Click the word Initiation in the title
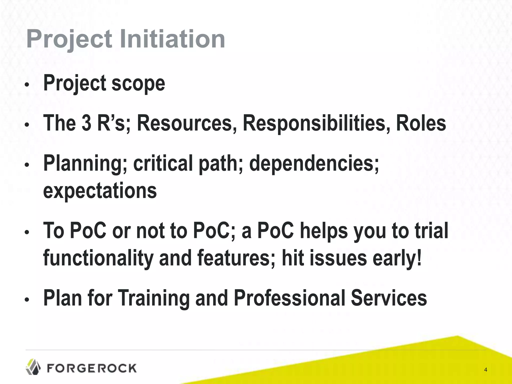tap(172, 39)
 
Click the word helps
tap(324, 231)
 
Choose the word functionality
tap(98, 258)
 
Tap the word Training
tap(153, 298)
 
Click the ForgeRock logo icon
tap(33, 367)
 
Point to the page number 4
tap(485, 370)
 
